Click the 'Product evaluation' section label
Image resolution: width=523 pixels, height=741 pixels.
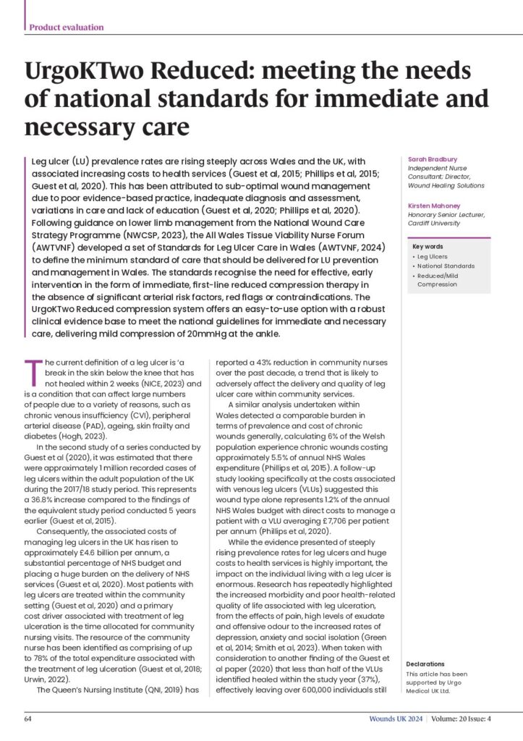pyautogui.click(x=67, y=27)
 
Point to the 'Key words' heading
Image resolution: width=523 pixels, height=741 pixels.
pyautogui.click(x=427, y=247)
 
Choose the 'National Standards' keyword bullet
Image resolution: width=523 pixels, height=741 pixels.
pyautogui.click(x=445, y=266)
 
